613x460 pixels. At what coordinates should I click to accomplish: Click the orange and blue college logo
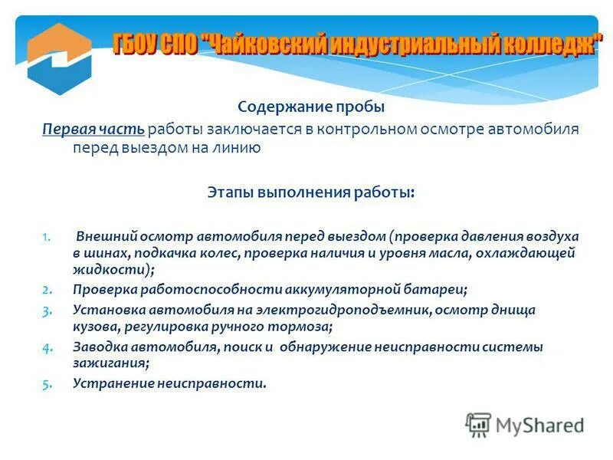tap(59, 58)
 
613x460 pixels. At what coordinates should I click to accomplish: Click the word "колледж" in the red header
tap(549, 44)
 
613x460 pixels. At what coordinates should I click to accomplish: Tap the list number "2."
tap(47, 290)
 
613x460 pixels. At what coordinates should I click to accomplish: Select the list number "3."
tap(47, 310)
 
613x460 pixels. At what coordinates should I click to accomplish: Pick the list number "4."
tap(47, 347)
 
